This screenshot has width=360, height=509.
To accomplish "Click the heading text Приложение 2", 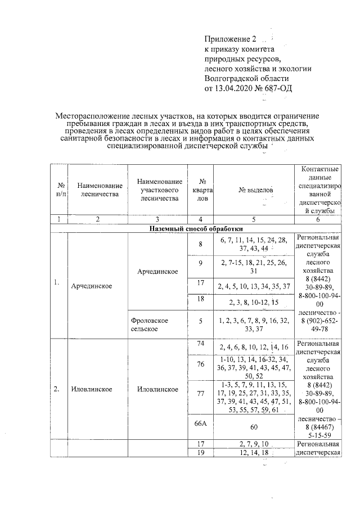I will point(229,39).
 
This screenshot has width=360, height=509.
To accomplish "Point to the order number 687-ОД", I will point(278,88).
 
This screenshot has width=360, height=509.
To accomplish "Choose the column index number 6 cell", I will point(318,219).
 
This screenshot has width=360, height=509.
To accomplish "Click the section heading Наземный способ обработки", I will point(196,229).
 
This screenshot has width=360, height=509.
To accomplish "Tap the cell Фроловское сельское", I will point(150,324).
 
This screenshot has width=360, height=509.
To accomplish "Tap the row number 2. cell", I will point(58,389).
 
